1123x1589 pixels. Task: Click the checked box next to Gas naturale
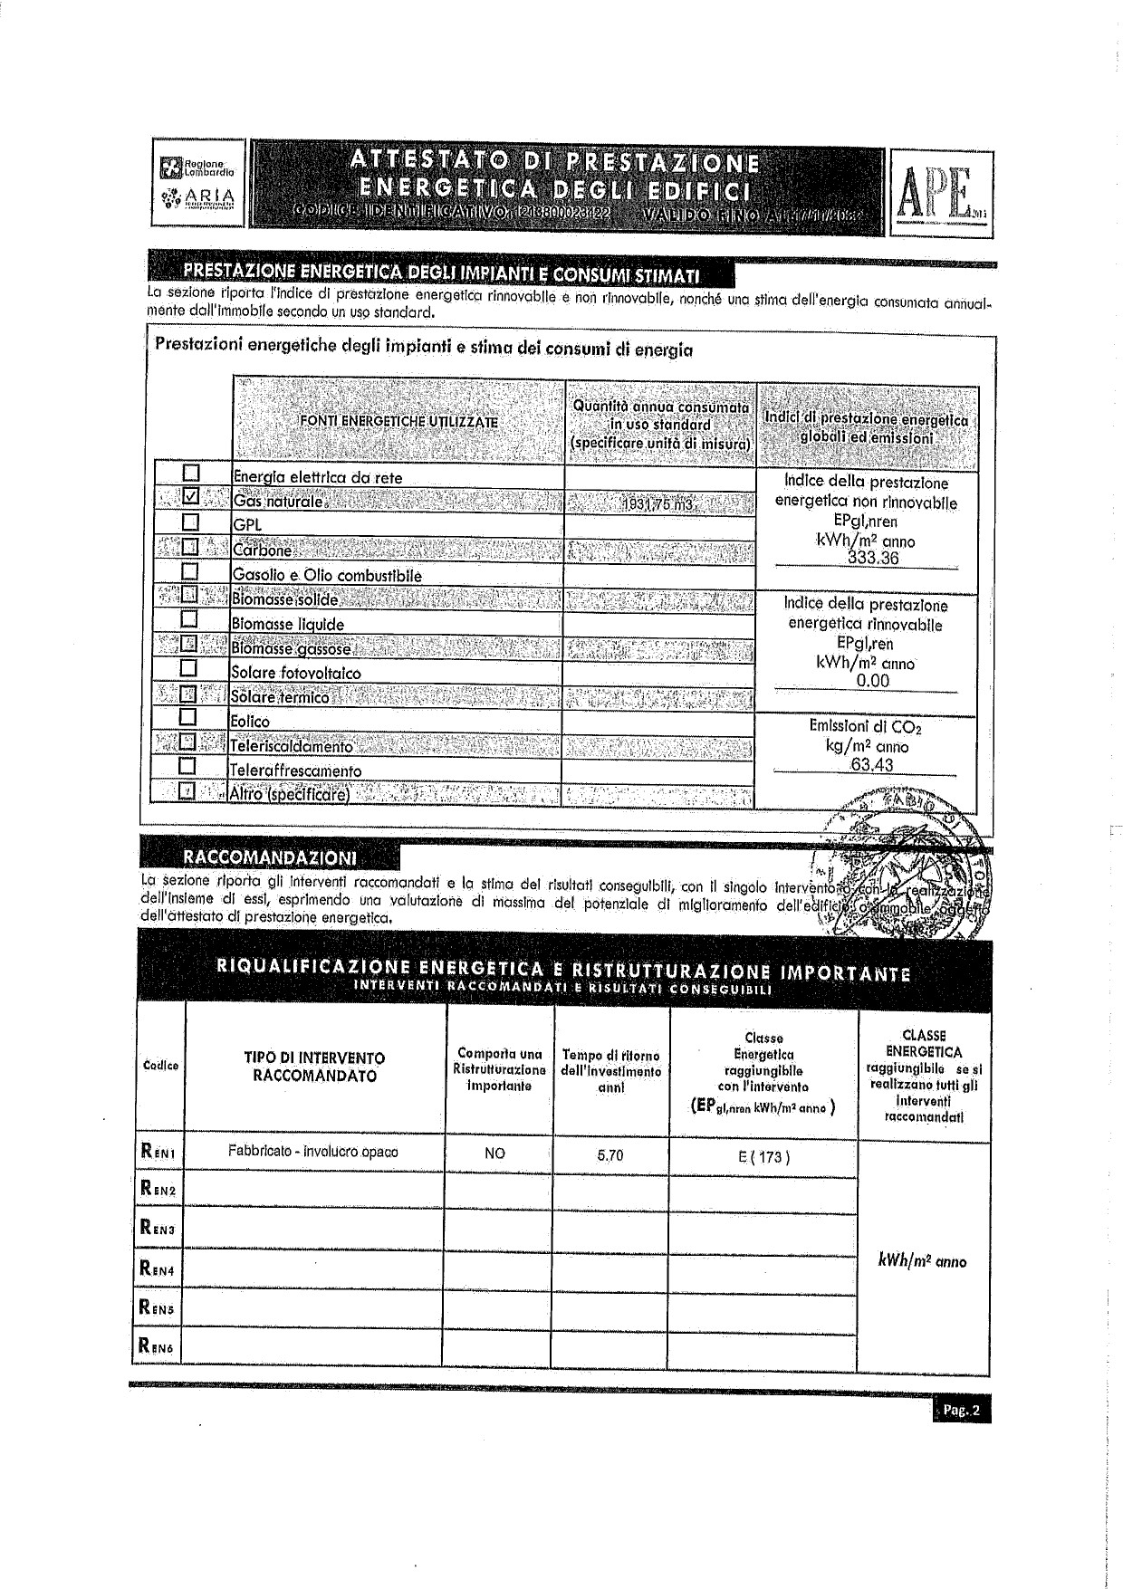point(190,497)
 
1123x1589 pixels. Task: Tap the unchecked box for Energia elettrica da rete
point(190,473)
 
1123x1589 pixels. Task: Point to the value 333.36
point(872,559)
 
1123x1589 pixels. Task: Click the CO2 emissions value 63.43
point(871,765)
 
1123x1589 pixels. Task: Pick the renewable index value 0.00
point(872,681)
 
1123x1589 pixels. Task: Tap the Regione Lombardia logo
point(197,168)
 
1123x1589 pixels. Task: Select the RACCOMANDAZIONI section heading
point(270,857)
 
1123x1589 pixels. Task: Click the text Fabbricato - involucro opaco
point(312,1152)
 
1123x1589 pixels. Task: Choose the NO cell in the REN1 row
point(494,1153)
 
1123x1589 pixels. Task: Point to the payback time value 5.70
point(610,1154)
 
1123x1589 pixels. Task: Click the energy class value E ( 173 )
point(763,1156)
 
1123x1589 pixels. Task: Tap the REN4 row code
point(158,1268)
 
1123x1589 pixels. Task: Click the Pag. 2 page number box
point(961,1411)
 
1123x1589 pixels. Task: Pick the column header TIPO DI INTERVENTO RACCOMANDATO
point(314,1067)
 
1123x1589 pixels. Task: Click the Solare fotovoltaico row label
point(295,673)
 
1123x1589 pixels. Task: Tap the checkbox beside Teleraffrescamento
point(188,766)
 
